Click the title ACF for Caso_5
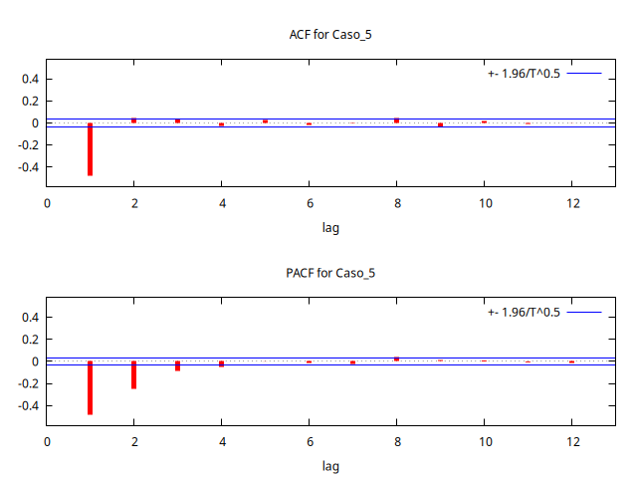[330, 35]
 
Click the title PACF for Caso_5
[330, 273]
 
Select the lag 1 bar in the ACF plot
[90, 148]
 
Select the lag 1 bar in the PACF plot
[90, 387]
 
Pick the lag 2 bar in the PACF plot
[133, 374]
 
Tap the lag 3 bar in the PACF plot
[177, 365]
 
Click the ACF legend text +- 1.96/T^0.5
[524, 74]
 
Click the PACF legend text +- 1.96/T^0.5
[524, 313]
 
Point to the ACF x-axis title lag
[330, 227]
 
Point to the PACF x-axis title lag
[330, 466]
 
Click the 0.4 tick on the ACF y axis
[28, 79]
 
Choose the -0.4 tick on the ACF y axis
[26, 167]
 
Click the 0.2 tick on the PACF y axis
[28, 340]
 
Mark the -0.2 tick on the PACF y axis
[26, 384]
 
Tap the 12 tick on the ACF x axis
[571, 203]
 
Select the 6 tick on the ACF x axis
[309, 203]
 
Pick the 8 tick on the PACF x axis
[396, 442]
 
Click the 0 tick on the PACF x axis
[47, 442]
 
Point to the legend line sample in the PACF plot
[585, 313]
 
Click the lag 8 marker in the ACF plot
[396, 120]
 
